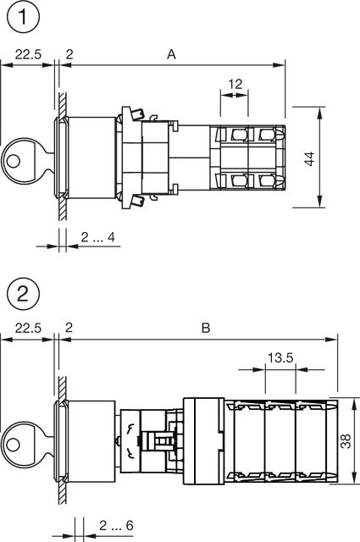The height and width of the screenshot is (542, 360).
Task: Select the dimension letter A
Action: point(171,53)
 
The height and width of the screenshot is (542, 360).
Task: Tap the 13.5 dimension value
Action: point(280,358)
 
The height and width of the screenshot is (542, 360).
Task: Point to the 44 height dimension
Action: point(310,158)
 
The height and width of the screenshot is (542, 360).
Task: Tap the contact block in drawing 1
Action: point(246,158)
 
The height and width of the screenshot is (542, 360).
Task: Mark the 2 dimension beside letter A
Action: point(69,53)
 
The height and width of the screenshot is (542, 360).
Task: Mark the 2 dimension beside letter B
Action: point(69,328)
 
